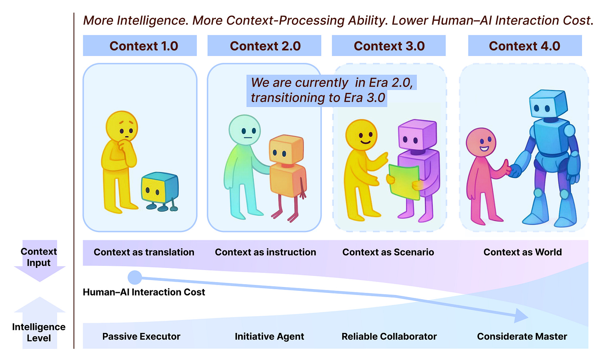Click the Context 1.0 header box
point(140,46)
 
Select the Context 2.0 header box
point(264,46)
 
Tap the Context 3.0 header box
point(389,46)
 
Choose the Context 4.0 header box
point(524,46)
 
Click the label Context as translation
point(144,252)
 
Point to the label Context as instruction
point(266,252)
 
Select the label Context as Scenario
point(388,252)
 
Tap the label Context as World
point(522,252)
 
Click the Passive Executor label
point(141,336)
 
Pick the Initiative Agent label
point(269,336)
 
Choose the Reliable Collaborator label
point(389,336)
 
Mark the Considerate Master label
point(522,336)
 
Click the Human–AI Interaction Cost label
point(144,292)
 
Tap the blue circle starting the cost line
point(135,277)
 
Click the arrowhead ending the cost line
point(521,316)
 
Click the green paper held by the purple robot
point(404,182)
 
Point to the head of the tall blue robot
point(547,104)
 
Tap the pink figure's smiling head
point(481,142)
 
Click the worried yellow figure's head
point(122,127)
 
